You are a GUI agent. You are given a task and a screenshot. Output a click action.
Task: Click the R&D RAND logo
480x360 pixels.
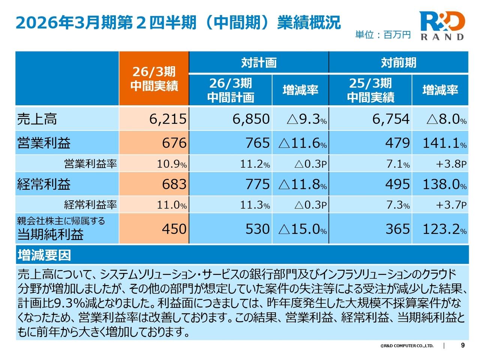(442, 25)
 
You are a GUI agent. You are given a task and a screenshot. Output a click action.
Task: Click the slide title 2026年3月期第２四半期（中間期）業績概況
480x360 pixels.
(178, 22)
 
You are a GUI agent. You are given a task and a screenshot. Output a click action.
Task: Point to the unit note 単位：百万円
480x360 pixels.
(383, 35)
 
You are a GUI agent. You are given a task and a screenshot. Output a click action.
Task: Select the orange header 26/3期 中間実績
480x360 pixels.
(154, 79)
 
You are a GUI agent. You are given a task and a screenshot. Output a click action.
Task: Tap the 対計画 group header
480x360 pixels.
(259, 62)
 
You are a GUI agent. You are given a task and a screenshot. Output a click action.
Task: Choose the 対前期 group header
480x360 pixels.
(398, 62)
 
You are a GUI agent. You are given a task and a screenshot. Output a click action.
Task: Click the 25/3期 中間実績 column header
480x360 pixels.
(370, 90)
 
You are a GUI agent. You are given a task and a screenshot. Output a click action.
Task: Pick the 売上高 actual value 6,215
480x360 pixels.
(168, 119)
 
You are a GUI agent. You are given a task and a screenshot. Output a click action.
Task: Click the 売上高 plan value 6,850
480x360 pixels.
(251, 119)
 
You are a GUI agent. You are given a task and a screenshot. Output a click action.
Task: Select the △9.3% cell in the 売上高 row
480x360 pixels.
(306, 119)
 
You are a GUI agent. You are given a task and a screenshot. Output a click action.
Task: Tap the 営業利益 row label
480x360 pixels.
(44, 143)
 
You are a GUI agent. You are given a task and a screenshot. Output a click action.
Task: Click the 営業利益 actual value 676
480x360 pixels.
(174, 143)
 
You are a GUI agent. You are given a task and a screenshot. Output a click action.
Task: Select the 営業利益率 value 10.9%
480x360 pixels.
(171, 164)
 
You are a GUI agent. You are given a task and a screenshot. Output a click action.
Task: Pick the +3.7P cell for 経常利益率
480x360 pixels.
(451, 205)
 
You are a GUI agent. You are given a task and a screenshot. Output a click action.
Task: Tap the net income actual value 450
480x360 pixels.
(174, 229)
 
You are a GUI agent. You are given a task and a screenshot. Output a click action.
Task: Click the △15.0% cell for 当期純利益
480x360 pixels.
(302, 229)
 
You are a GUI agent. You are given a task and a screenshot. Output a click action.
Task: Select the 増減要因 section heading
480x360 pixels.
(44, 255)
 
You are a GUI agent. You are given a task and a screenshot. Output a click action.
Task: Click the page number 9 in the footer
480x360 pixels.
(462, 345)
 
